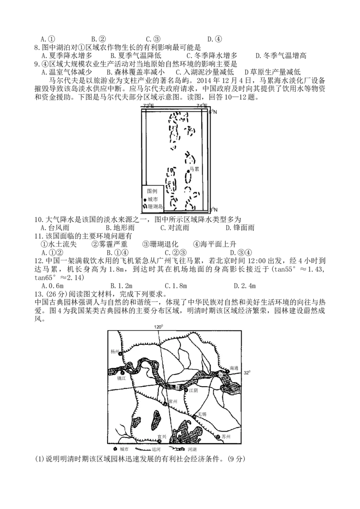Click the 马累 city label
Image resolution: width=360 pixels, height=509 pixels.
pyautogui.click(x=194, y=169)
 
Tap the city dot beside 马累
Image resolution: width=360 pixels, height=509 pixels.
pyautogui.click(x=188, y=171)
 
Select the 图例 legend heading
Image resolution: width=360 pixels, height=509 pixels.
pyautogui.click(x=153, y=191)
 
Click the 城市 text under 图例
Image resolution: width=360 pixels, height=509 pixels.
pyautogui.click(x=153, y=199)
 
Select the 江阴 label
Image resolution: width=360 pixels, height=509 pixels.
pyautogui.click(x=193, y=391)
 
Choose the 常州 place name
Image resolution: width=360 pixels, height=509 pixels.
pyautogui.click(x=172, y=401)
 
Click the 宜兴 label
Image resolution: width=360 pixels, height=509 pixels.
pyautogui.click(x=162, y=436)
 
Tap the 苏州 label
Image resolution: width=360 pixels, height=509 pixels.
pyautogui.click(x=226, y=437)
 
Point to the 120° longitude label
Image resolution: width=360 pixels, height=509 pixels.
pyautogui.click(x=157, y=327)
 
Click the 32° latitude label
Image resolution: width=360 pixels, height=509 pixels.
pyautogui.click(x=247, y=373)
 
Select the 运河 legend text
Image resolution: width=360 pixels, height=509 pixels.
pyautogui.click(x=156, y=449)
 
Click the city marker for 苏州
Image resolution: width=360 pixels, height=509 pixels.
pyautogui.click(x=218, y=437)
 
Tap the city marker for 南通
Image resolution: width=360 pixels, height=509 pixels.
pyautogui.click(x=228, y=372)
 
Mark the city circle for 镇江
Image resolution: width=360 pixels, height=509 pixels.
pyautogui.click(x=122, y=373)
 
